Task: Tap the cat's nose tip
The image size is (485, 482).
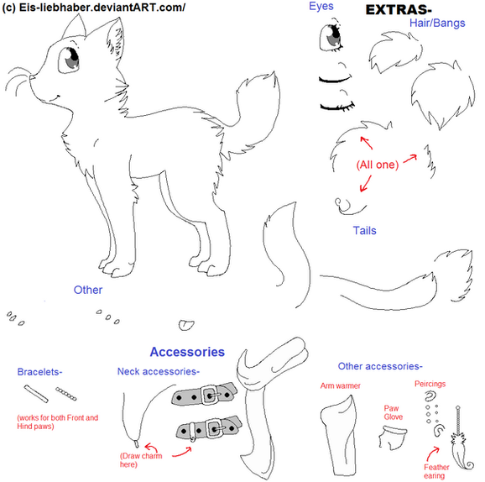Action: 30,77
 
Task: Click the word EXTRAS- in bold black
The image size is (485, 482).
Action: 399,10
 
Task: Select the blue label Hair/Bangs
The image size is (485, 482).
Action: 437,24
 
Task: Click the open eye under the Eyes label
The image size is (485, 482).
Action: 331,37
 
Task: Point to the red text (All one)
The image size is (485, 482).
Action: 378,165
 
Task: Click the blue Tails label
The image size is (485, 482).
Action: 365,231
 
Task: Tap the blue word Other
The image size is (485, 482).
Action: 88,290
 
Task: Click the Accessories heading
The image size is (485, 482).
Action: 187,352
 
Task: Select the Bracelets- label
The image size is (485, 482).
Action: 39,371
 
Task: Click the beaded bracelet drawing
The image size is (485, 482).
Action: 66,394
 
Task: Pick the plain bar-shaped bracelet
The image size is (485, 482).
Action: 36,394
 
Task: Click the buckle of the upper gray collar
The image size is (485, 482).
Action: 211,395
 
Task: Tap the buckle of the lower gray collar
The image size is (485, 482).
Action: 215,429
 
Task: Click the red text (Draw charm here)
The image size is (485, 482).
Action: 141,460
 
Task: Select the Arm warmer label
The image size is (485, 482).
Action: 340,385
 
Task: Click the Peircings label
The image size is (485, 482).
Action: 430,384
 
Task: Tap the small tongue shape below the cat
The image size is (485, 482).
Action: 186,325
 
